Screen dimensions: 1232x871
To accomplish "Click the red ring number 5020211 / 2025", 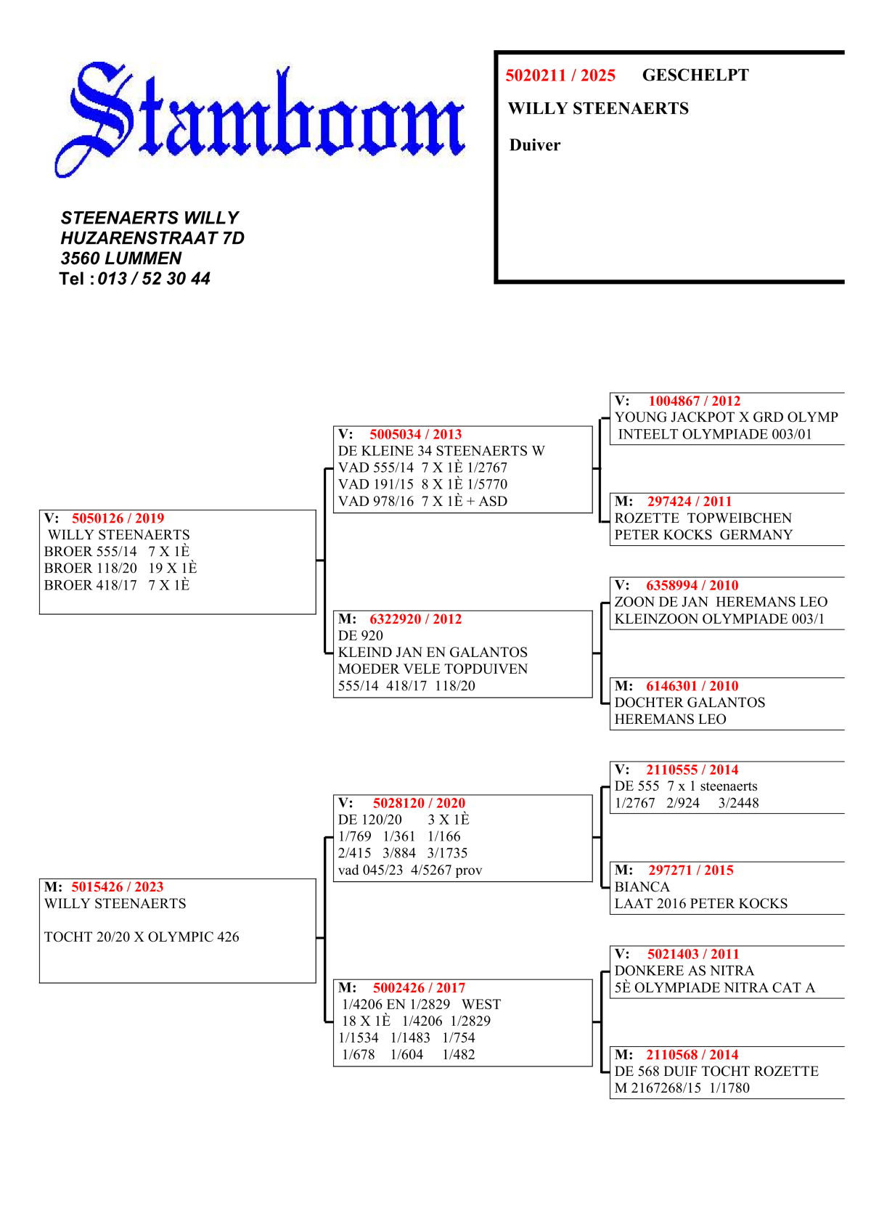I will pos(560,76).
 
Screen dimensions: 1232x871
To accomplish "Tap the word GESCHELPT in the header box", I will pos(695,76).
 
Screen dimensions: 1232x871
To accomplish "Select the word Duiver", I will pos(535,145).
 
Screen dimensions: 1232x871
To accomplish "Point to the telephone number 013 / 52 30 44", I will pos(154,279).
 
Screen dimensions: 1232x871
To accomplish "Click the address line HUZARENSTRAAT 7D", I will pos(152,238).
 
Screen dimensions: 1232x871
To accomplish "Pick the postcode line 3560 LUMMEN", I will pos(121,258).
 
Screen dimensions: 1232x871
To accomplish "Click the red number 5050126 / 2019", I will pos(118,518).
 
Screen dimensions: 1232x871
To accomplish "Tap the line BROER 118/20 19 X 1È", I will pos(120,568).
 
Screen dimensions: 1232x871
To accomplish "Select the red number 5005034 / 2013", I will pos(415,434).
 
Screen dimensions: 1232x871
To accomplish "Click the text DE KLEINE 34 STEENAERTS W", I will pos(441,451).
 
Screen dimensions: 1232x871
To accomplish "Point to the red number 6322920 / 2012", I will pos(415,619).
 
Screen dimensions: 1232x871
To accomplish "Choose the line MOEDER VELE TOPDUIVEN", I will pos(433,669).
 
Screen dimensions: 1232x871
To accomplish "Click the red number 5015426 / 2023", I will pos(118,887).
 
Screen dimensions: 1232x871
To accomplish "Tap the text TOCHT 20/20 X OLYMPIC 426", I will pos(142,937).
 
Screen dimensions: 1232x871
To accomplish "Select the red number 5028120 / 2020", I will pos(419,803).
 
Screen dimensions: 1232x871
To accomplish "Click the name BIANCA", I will pos(642,887).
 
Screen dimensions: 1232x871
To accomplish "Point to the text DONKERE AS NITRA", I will pos(684,971).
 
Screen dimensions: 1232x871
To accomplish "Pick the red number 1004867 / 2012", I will pos(694,401).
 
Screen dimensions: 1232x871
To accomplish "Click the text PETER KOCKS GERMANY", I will pos(703,535).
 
